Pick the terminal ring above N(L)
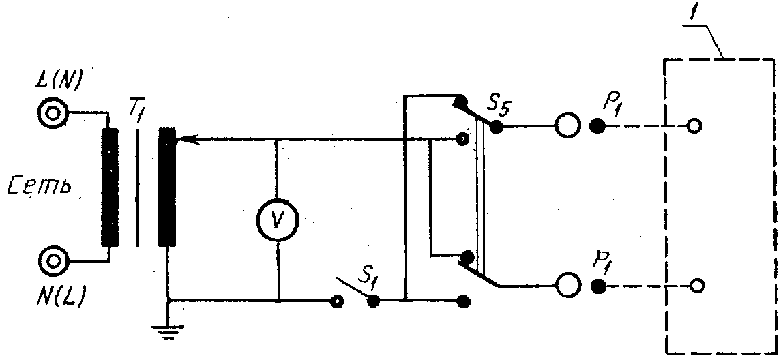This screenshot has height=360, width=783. [51, 260]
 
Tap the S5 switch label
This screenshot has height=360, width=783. [500, 106]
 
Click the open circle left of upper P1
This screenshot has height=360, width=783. [565, 126]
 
